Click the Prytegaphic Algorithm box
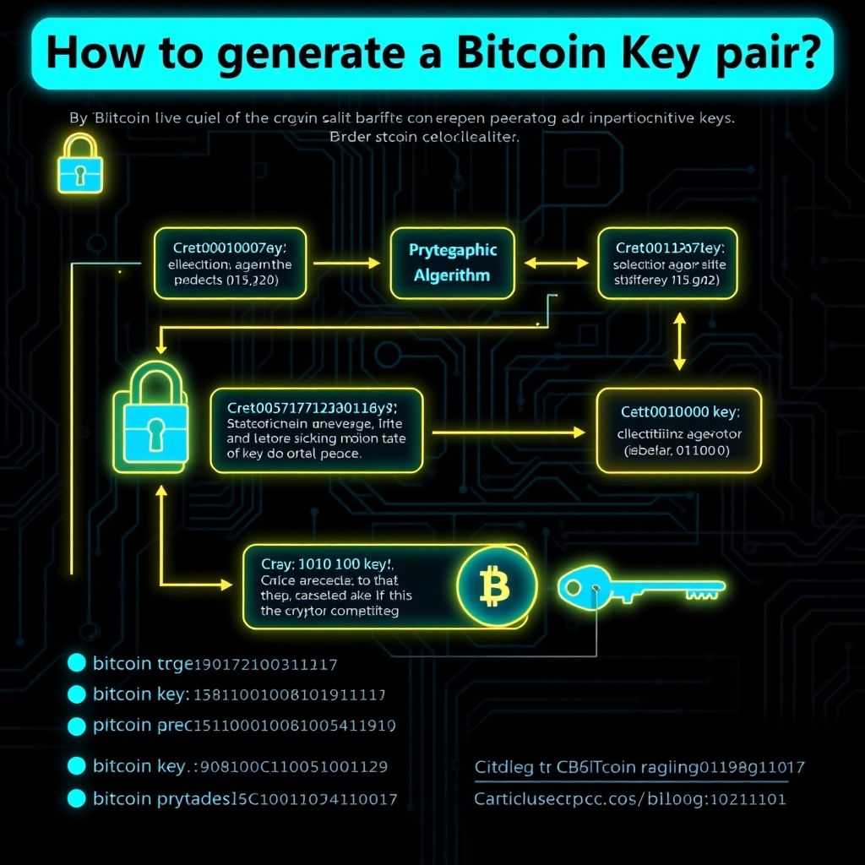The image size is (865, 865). [x=453, y=263]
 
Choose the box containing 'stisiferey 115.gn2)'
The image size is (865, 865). [x=666, y=263]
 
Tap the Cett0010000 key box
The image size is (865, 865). [x=680, y=430]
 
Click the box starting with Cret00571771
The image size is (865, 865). [x=317, y=430]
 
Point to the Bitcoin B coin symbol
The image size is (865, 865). [x=496, y=585]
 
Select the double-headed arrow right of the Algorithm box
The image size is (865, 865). [x=555, y=263]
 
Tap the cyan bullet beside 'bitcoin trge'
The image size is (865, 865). [x=77, y=664]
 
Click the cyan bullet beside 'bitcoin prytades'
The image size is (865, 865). [x=77, y=797]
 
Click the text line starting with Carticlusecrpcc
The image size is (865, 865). [x=629, y=797]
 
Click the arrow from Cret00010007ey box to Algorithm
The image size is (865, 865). [x=346, y=263]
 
